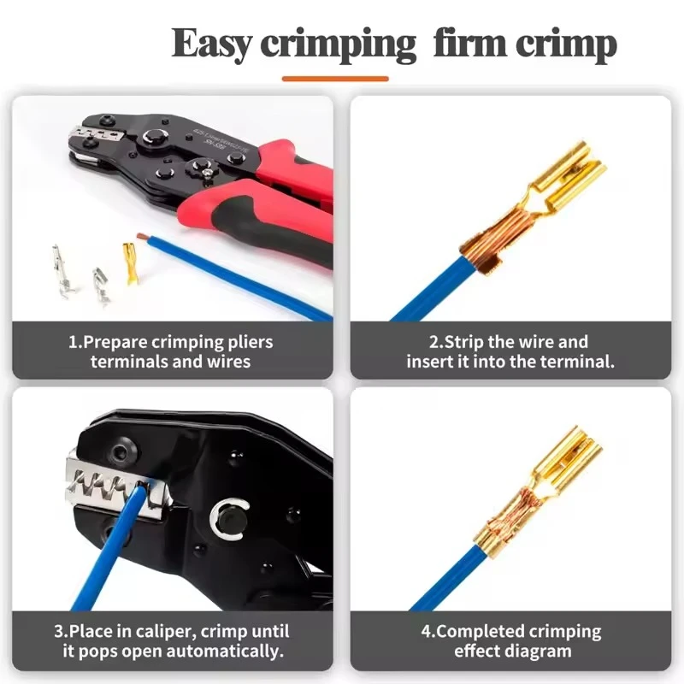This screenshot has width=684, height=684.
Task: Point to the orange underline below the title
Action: point(335,79)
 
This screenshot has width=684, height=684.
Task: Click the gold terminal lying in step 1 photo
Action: point(131,262)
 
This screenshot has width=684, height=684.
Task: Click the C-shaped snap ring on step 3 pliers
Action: point(228,518)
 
